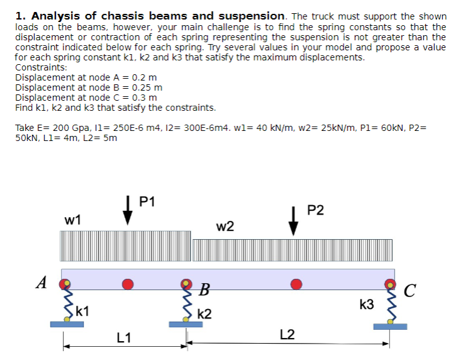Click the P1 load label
(x=147, y=202)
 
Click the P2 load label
(x=316, y=210)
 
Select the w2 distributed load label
(x=225, y=227)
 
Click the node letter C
(x=410, y=291)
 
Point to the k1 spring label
(x=82, y=310)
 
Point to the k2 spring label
(x=204, y=314)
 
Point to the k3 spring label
(x=367, y=305)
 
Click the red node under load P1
(x=128, y=284)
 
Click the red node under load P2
(x=293, y=284)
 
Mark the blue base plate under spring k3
(x=390, y=326)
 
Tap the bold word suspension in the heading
(x=250, y=16)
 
